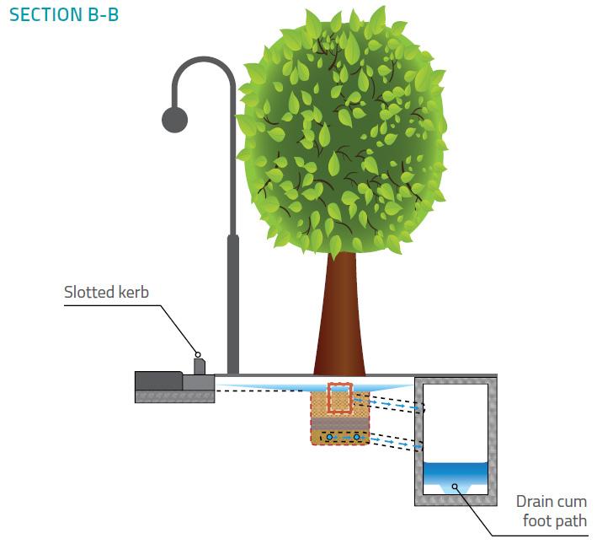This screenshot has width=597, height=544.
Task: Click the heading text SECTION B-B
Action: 64,14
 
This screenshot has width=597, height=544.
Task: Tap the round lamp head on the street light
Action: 174,120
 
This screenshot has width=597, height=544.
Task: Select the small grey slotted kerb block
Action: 199,367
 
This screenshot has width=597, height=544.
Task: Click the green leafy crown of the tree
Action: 341,135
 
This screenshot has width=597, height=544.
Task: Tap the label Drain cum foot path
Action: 551,511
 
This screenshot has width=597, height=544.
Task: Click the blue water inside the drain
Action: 456,477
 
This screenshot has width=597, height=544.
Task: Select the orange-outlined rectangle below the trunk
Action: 339,399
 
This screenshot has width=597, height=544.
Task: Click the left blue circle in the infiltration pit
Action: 330,437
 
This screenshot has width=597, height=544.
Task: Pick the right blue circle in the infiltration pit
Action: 356,437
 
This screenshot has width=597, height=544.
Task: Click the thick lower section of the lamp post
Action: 232,304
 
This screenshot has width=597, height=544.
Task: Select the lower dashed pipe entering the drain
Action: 392,441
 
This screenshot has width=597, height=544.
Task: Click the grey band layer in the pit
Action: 339,423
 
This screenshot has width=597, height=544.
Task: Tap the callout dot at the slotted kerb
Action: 198,354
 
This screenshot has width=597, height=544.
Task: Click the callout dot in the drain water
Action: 456,486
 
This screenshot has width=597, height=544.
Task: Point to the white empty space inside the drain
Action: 456,422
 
